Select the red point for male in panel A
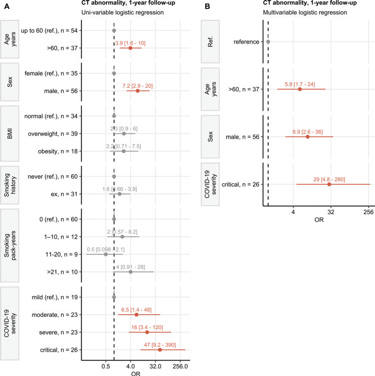[138, 91]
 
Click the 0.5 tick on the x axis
[105, 366]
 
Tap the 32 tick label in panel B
[331, 212]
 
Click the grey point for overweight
[124, 134]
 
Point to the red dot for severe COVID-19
[147, 332]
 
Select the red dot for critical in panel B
[329, 184]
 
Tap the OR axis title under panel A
[136, 374]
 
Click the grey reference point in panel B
[268, 41]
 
